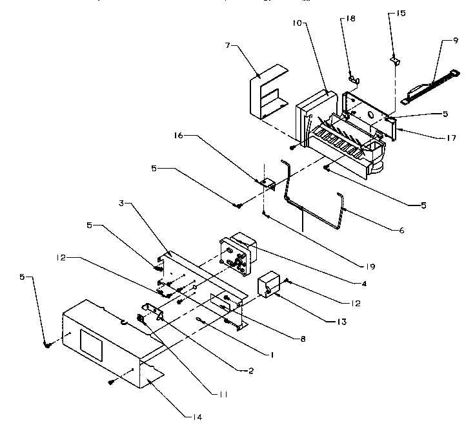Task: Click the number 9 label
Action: point(456,40)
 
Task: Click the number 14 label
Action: point(196,418)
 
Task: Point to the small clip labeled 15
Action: point(395,61)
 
